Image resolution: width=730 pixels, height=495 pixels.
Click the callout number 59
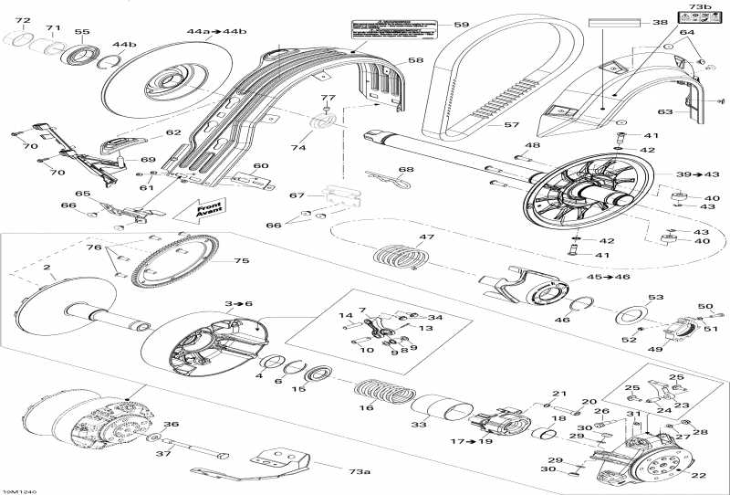(x=462, y=26)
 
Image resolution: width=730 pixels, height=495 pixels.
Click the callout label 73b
(x=699, y=7)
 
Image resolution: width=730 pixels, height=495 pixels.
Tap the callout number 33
(x=419, y=425)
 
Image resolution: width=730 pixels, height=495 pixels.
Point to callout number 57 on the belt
(x=512, y=124)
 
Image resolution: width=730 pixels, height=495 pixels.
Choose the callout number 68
(x=405, y=169)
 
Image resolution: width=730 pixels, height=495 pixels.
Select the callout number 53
(x=655, y=298)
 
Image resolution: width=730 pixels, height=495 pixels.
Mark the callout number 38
(x=660, y=23)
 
